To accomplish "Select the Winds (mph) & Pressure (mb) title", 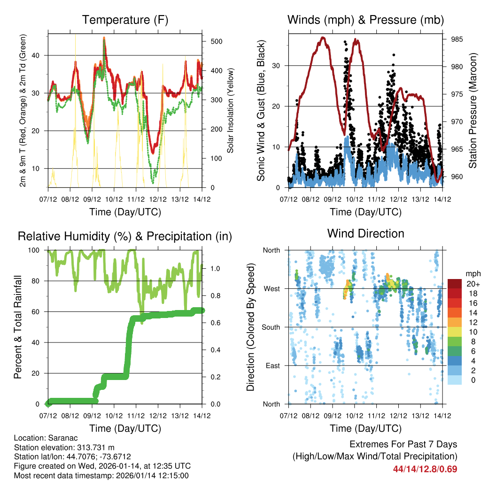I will click(365, 20).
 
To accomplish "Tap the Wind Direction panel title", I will click(365, 233).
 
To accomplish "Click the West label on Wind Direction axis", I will click(271, 288).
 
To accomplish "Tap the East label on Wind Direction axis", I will click(272, 365).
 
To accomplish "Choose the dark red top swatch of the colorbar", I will click(455, 284).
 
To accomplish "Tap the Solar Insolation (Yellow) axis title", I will click(231, 111).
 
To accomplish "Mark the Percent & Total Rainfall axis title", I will click(18, 327).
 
